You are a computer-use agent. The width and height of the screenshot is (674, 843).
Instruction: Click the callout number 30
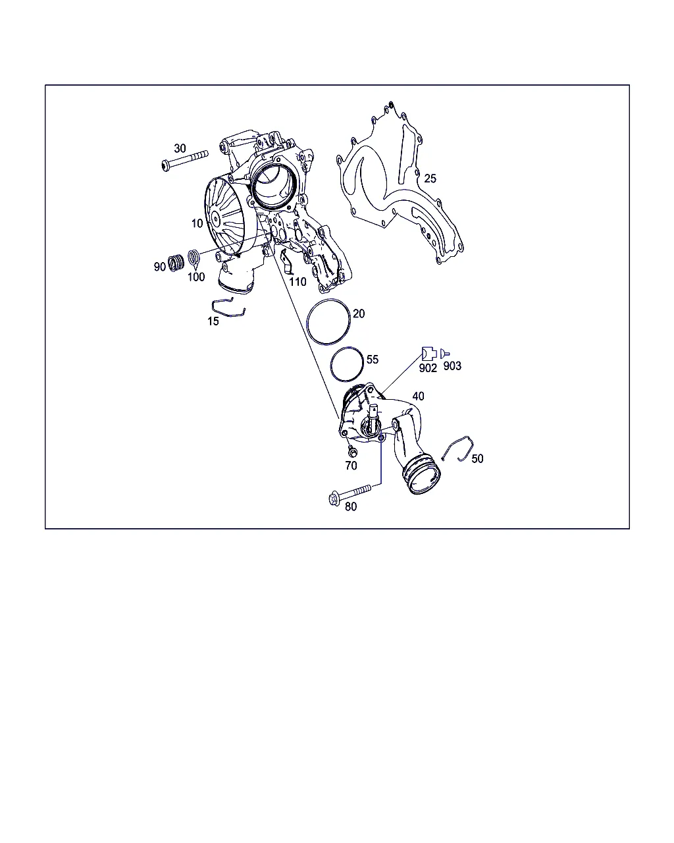180,148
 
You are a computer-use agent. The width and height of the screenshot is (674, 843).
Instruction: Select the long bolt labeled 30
184,161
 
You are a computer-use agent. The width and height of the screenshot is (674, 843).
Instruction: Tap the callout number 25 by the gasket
430,178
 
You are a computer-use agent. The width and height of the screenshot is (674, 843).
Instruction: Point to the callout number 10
197,223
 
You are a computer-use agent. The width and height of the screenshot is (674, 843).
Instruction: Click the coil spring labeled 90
176,263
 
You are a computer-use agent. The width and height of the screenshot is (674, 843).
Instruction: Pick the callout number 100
196,277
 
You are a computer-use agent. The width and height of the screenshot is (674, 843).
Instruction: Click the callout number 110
298,282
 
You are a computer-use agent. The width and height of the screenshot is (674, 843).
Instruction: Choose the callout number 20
359,313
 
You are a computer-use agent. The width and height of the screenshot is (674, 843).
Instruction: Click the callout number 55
373,359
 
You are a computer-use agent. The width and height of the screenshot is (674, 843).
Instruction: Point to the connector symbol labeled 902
429,354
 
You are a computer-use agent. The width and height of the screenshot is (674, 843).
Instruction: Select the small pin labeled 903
444,354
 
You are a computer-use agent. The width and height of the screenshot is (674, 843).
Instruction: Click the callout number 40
418,396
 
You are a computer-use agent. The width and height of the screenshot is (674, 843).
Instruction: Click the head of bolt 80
334,499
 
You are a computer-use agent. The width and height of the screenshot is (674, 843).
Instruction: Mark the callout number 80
351,506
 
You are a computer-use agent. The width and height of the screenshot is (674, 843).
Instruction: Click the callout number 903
452,366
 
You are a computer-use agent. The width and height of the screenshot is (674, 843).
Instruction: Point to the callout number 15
213,321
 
